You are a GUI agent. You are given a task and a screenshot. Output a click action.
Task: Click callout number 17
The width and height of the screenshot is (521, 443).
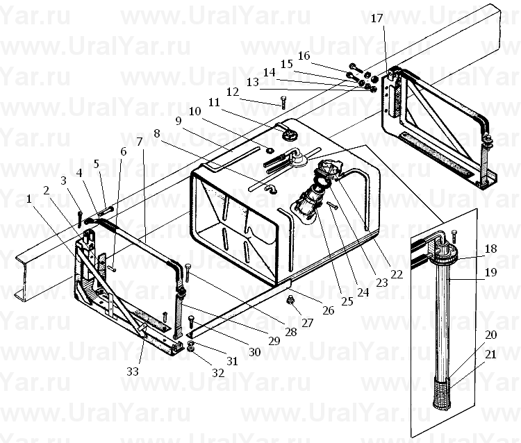[x=377, y=18]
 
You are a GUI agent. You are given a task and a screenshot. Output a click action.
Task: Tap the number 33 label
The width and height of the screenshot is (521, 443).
[x=133, y=371]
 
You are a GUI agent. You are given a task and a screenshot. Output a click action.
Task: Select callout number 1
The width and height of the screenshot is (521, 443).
[x=29, y=199]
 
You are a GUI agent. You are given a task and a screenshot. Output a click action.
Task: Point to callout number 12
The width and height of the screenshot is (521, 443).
[x=233, y=92]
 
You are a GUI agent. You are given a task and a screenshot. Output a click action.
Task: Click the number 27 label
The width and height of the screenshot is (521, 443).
[x=307, y=323]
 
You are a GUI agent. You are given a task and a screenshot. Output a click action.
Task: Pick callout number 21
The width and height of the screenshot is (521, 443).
[x=490, y=354]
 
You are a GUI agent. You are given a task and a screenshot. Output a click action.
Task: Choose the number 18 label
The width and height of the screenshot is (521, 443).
[x=490, y=249]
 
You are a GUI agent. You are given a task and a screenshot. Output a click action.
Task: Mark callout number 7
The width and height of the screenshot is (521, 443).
[x=140, y=142]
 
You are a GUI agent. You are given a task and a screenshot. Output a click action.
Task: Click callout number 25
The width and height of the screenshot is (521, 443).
[x=347, y=301]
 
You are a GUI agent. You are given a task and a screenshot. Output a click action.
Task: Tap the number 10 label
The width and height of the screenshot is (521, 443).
[x=195, y=111]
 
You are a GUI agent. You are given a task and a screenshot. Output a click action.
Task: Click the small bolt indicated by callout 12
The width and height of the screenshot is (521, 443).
[x=283, y=102]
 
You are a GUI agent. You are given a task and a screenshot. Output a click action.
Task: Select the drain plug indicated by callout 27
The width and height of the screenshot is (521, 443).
[x=291, y=301]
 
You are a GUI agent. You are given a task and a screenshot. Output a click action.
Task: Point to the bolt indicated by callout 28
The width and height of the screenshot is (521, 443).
[x=188, y=272]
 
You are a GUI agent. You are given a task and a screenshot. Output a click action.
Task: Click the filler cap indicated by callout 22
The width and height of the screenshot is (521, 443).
[x=329, y=168]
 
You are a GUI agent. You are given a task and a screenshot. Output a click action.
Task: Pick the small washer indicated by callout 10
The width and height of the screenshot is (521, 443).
[x=270, y=151]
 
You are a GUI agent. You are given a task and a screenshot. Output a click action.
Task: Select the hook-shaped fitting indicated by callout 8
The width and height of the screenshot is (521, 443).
[x=271, y=190]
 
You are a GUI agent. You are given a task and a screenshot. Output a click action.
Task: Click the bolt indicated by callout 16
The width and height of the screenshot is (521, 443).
[x=356, y=68]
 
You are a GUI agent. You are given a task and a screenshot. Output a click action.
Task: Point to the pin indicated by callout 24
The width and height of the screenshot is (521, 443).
[x=332, y=206]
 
